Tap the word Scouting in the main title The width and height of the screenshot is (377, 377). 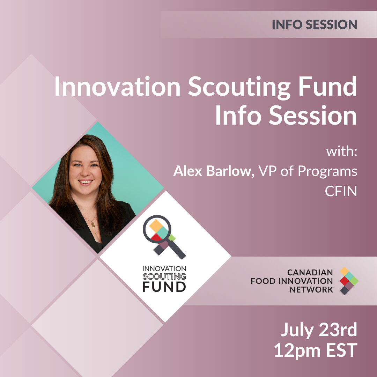tap(239, 87)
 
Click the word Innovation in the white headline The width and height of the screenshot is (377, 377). tap(117, 86)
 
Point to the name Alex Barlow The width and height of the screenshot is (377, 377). tap(212, 171)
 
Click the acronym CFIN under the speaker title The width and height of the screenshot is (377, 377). tap(341, 191)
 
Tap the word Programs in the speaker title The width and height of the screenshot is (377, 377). tap(327, 172)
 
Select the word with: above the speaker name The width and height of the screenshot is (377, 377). tap(341, 152)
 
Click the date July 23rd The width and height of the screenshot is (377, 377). tap(319, 330)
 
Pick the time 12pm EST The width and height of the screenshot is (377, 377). tap(316, 350)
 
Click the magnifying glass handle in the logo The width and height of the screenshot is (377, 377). tap(176, 249)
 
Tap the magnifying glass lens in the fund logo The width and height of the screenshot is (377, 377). tap(157, 229)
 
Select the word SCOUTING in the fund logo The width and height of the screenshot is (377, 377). tap(164, 276)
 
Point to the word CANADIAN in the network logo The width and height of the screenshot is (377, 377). tap(310, 272)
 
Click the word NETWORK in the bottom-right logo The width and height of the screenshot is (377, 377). tap(311, 289)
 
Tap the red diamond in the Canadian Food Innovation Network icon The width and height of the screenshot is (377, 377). tap(344, 281)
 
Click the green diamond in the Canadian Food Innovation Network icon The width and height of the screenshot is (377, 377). tap(354, 281)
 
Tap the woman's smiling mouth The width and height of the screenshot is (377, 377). tap(86, 182)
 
